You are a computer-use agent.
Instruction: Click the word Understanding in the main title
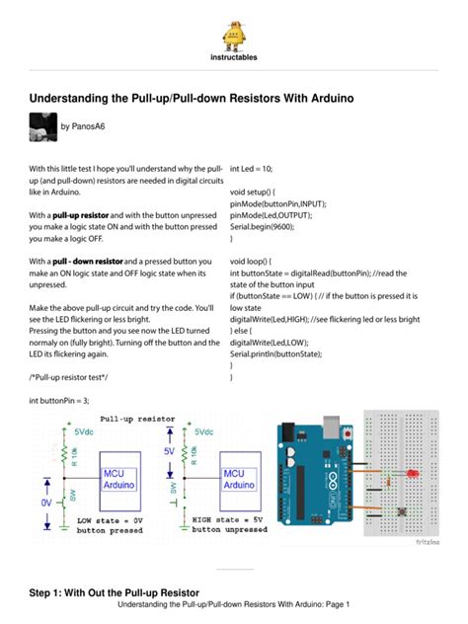pos(76,99)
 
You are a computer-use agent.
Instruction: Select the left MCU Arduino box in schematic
pos(119,480)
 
